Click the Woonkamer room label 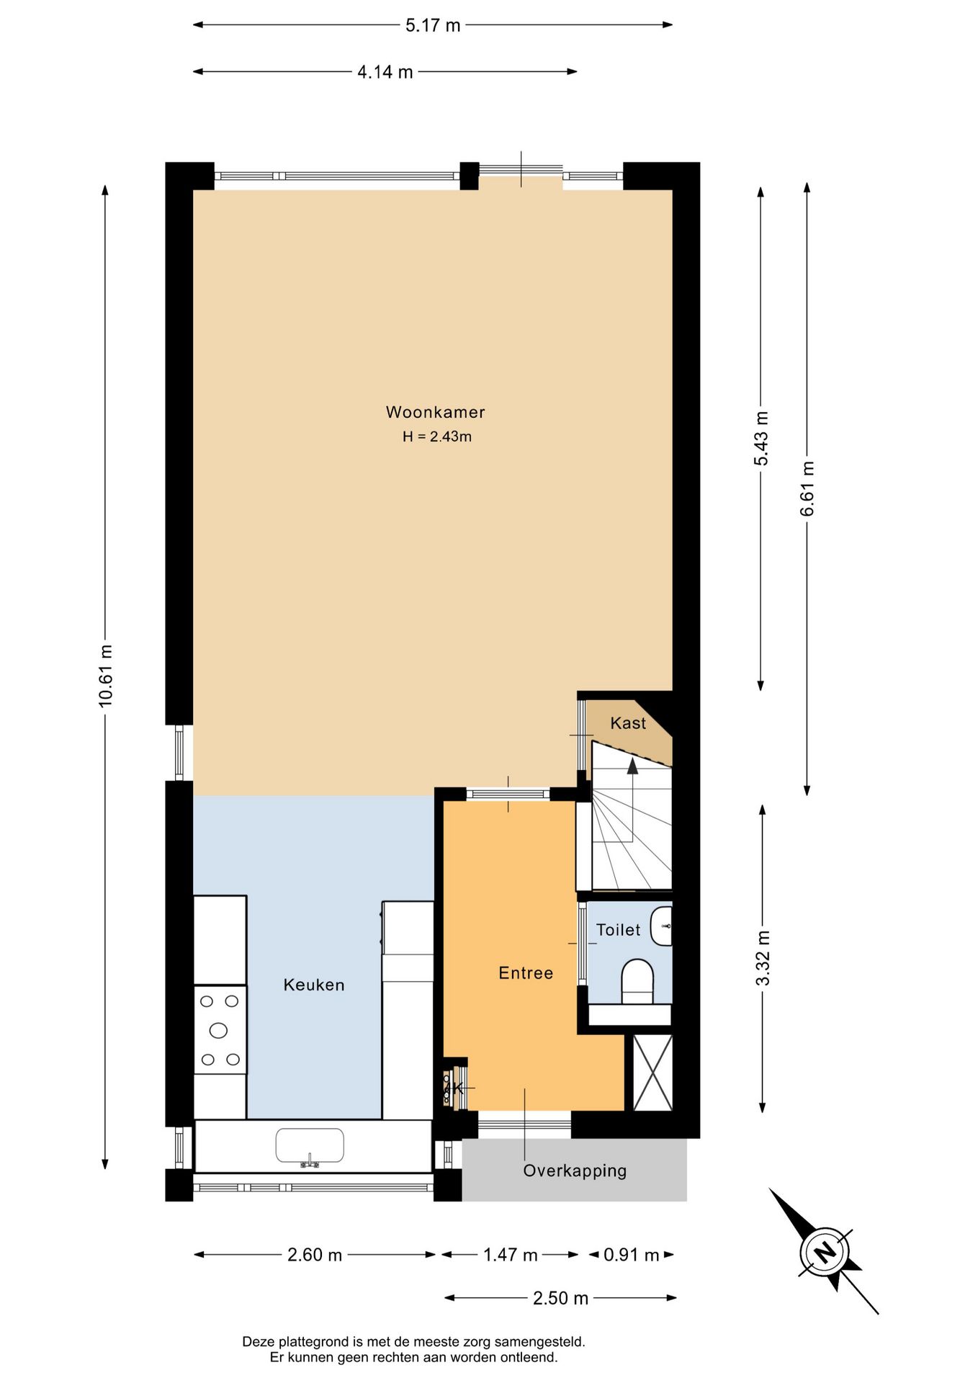pos(435,412)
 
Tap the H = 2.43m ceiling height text pos(436,437)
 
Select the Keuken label pos(313,985)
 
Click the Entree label pos(526,973)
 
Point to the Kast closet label pos(628,723)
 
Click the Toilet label pos(618,930)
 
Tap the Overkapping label pos(574,1171)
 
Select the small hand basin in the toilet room pos(662,926)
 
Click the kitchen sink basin pos(310,1145)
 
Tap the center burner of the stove pos(218,1030)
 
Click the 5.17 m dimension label pos(432,25)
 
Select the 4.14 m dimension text pos(385,72)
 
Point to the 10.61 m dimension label pos(106,676)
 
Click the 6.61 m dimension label pos(807,488)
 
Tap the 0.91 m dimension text pos(631,1255)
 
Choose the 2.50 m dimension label pos(560,1298)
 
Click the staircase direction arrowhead pos(632,766)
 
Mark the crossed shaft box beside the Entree pos(652,1073)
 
